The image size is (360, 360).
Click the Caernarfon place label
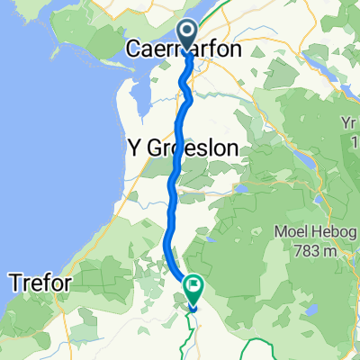185,51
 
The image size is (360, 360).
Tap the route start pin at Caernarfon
187,34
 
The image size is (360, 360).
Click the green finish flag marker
193,285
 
